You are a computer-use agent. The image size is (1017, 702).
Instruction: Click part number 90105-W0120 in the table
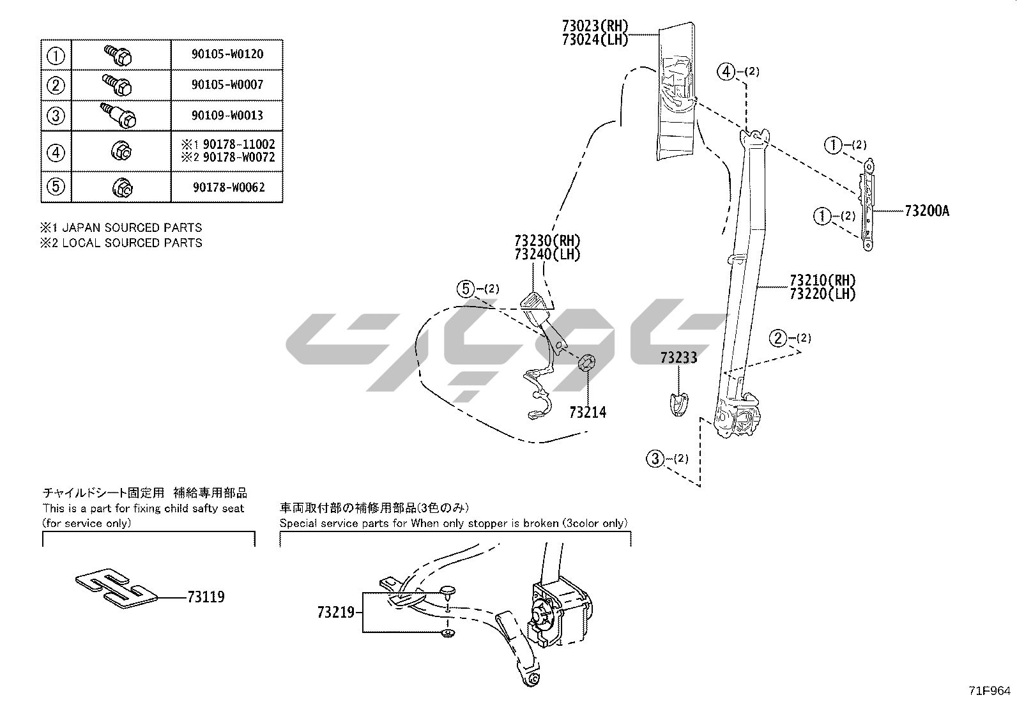pos(227,54)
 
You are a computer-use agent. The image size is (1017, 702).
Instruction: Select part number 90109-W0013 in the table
pos(227,116)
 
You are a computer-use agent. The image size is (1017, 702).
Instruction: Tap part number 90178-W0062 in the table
pos(227,187)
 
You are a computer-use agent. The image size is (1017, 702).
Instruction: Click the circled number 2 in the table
pos(56,85)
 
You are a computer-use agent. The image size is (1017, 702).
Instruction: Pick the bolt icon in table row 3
pos(121,115)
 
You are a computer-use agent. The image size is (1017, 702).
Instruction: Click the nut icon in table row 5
pos(121,187)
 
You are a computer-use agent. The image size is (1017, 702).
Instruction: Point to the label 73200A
pos(926,211)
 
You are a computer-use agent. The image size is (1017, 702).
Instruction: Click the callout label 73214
pos(588,413)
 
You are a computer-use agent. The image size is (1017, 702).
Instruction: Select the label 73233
pos(678,358)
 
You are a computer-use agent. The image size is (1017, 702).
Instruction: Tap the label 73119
pos(206,597)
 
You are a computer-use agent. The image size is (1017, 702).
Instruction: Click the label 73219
pos(335,613)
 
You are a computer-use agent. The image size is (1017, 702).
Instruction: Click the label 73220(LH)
pos(822,294)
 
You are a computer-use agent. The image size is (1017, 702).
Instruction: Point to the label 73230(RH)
pos(547,241)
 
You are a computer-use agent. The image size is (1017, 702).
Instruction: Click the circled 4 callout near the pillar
pos(726,72)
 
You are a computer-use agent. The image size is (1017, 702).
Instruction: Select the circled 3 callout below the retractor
pos(655,459)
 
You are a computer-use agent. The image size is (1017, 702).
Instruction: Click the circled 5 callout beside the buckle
pos(466,289)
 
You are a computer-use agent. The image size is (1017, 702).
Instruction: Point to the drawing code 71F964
pos(990,691)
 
